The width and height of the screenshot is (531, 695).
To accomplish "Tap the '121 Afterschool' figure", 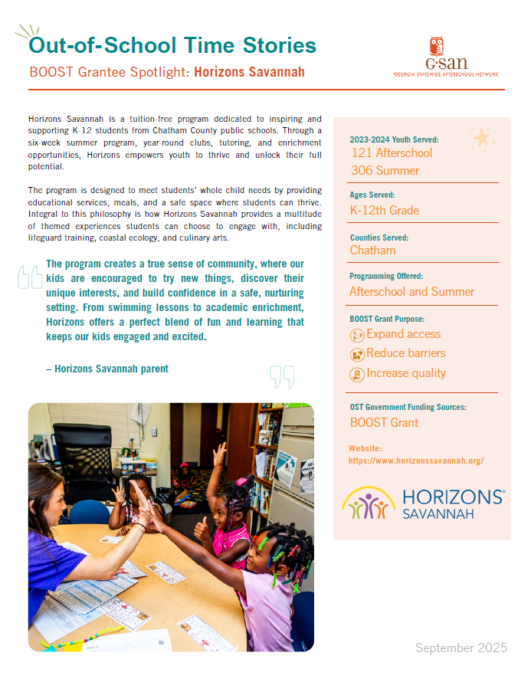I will (x=391, y=153).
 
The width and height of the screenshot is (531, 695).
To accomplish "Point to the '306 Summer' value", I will (x=385, y=171).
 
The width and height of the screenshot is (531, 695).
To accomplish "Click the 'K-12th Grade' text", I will (x=384, y=211).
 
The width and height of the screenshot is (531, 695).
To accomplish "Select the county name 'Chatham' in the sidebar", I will (x=372, y=251).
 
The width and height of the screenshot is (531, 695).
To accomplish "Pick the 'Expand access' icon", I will (x=357, y=335).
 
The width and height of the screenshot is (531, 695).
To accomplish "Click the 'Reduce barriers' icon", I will (x=357, y=354).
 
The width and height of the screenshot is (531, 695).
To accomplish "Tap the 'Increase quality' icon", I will (x=357, y=374).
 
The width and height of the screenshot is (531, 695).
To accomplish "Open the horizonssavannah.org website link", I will (x=415, y=461).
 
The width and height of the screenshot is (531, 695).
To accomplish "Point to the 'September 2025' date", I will (x=461, y=648).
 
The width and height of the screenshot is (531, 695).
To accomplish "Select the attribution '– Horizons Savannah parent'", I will (x=107, y=369).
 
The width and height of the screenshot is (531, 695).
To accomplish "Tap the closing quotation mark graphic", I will (x=282, y=376).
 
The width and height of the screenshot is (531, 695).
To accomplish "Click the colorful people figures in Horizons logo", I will (x=369, y=504).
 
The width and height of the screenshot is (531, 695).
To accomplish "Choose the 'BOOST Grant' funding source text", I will (x=384, y=422).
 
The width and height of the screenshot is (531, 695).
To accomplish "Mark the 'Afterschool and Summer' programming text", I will (x=411, y=292).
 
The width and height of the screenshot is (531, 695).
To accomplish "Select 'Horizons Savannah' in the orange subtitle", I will (x=249, y=72).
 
